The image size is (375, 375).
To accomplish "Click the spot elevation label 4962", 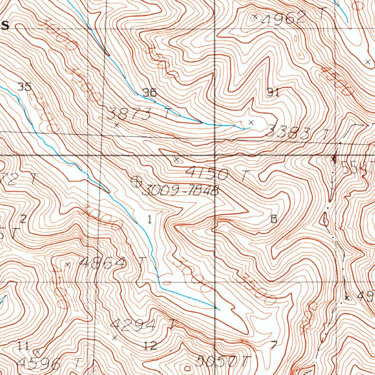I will pos(284,17).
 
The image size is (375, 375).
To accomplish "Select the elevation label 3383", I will pos(288,133).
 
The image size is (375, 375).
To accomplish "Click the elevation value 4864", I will pos(103,262).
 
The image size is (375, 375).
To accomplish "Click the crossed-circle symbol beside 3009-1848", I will pos(136,181).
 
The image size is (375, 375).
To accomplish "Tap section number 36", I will pos(150,93).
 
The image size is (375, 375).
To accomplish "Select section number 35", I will pos(25,87).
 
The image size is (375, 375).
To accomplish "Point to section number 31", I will pos(273,92).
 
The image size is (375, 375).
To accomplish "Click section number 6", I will pos(273,219).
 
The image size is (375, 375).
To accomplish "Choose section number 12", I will pos(151,345).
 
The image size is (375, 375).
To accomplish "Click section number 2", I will pos(23,219).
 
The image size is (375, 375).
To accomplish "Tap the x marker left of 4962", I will pos(255,16).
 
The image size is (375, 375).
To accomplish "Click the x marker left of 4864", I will pos(67,264).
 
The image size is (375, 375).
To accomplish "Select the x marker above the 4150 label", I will pos(177,160).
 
